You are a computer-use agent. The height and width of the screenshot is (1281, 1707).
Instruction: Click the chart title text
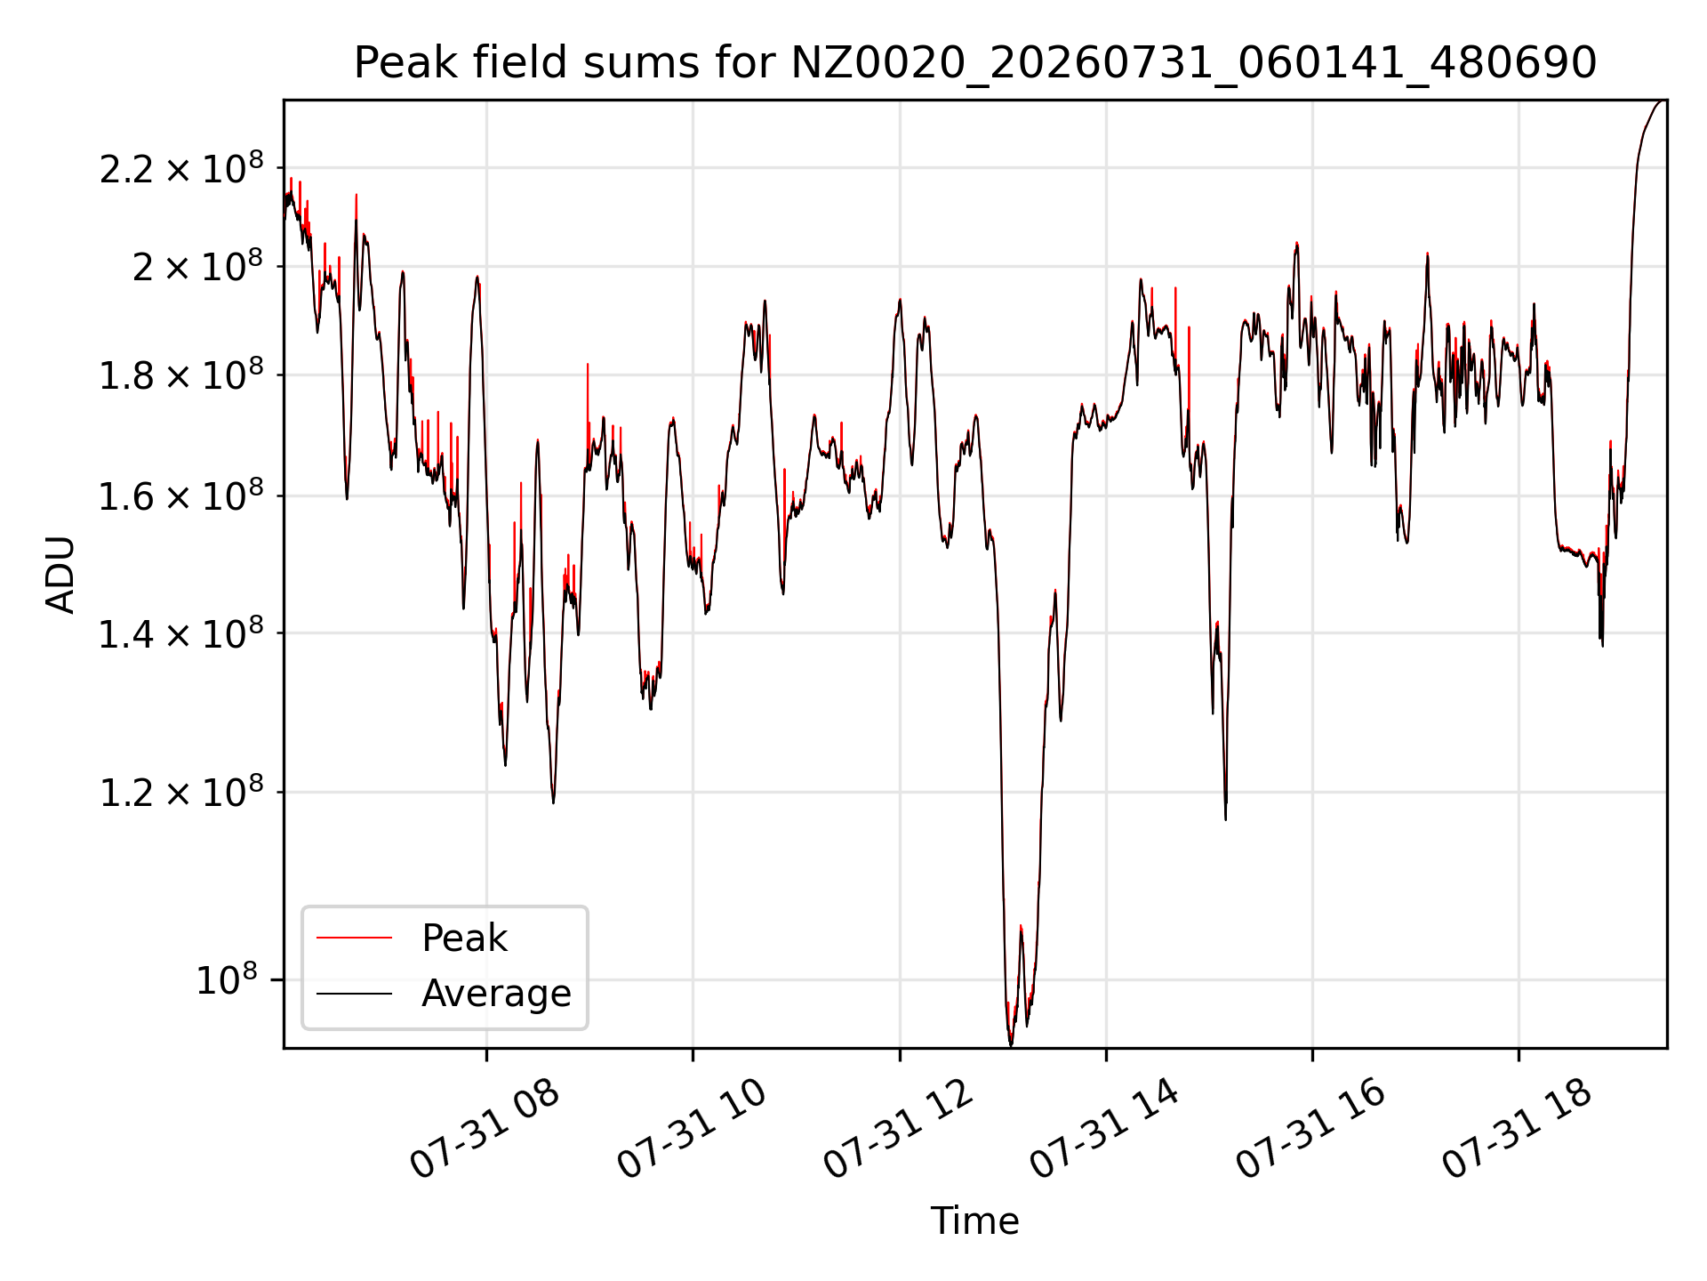tap(975, 63)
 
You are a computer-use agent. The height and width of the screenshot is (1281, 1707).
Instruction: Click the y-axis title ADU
tap(60, 575)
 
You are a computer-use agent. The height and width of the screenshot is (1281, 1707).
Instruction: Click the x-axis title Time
tap(974, 1221)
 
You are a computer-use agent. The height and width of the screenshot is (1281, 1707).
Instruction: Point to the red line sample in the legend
tap(354, 938)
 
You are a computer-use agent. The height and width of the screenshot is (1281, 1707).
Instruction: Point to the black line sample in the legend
tap(354, 993)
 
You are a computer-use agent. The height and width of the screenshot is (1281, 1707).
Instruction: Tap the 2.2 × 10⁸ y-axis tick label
tap(181, 167)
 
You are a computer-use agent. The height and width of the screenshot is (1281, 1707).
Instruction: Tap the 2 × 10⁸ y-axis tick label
tap(198, 266)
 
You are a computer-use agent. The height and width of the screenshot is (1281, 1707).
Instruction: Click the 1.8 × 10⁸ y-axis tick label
tap(181, 375)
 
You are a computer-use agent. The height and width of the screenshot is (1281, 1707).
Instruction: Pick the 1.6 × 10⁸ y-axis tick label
tap(181, 495)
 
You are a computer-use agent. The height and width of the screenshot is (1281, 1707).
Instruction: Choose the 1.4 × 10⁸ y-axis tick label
tap(181, 633)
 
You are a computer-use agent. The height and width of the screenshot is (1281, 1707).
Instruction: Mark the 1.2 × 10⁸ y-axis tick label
tap(181, 792)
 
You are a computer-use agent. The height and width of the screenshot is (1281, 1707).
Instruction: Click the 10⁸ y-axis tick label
tap(227, 979)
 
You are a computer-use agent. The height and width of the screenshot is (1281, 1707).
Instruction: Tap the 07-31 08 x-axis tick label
tap(485, 1129)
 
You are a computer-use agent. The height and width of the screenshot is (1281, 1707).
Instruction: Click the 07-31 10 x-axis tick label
tap(691, 1129)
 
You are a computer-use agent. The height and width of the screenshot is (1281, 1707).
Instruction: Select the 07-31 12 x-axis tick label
tap(898, 1129)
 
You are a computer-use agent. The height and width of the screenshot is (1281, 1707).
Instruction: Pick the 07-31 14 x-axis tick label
tap(1104, 1129)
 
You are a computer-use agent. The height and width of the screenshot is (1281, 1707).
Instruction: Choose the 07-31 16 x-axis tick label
tap(1310, 1129)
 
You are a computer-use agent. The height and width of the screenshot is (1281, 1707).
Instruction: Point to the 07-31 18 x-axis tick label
tap(1517, 1129)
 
